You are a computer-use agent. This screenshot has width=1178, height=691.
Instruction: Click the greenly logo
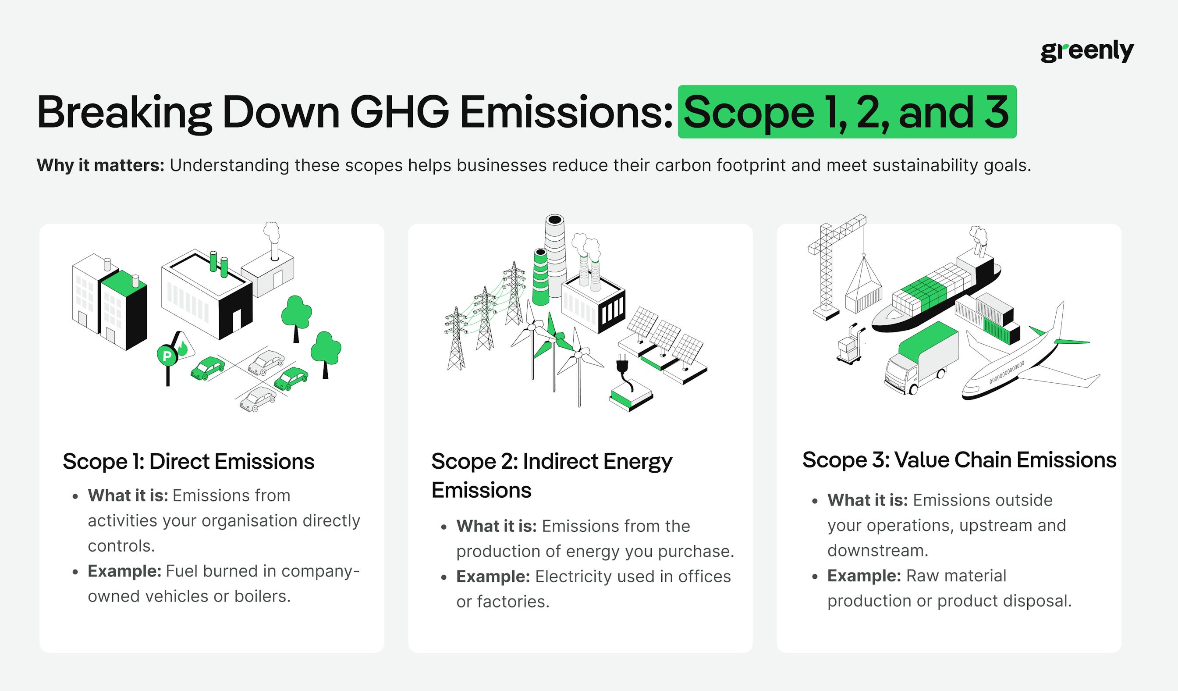pos(1086,51)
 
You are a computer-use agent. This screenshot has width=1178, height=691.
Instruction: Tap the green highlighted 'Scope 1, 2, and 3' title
pos(847,112)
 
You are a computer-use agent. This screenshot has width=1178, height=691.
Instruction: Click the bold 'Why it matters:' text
pos(100,165)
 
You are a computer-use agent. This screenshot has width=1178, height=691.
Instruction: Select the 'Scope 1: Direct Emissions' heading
pos(188,461)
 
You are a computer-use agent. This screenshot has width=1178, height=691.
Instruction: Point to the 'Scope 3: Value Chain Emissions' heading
pos(959,460)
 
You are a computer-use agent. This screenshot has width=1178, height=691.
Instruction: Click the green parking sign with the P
pos(167,357)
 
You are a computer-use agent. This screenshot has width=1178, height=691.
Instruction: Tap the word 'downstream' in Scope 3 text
pos(877,551)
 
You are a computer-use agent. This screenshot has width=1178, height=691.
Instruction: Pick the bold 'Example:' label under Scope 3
pos(864,576)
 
